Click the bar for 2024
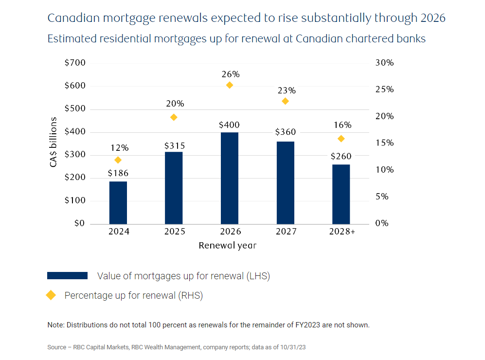pyautogui.click(x=118, y=202)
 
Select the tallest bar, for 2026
pyautogui.click(x=230, y=178)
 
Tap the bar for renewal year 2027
pyautogui.click(x=285, y=182)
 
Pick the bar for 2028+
pyautogui.click(x=341, y=194)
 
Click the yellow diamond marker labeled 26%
pyautogui.click(x=230, y=85)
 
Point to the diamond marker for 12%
pyautogui.click(x=118, y=160)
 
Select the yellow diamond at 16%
pyautogui.click(x=341, y=139)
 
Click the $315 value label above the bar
pyautogui.click(x=174, y=146)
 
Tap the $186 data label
pyautogui.click(x=118, y=173)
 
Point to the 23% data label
pyautogui.click(x=287, y=90)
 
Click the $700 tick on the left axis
pyautogui.click(x=75, y=63)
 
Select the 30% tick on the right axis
pyautogui.click(x=384, y=63)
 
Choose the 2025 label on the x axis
pyautogui.click(x=174, y=232)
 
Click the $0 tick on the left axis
pyautogui.click(x=79, y=224)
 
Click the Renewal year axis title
pyautogui.click(x=227, y=246)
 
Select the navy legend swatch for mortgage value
pyautogui.click(x=67, y=276)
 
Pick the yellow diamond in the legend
pyautogui.click(x=51, y=295)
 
